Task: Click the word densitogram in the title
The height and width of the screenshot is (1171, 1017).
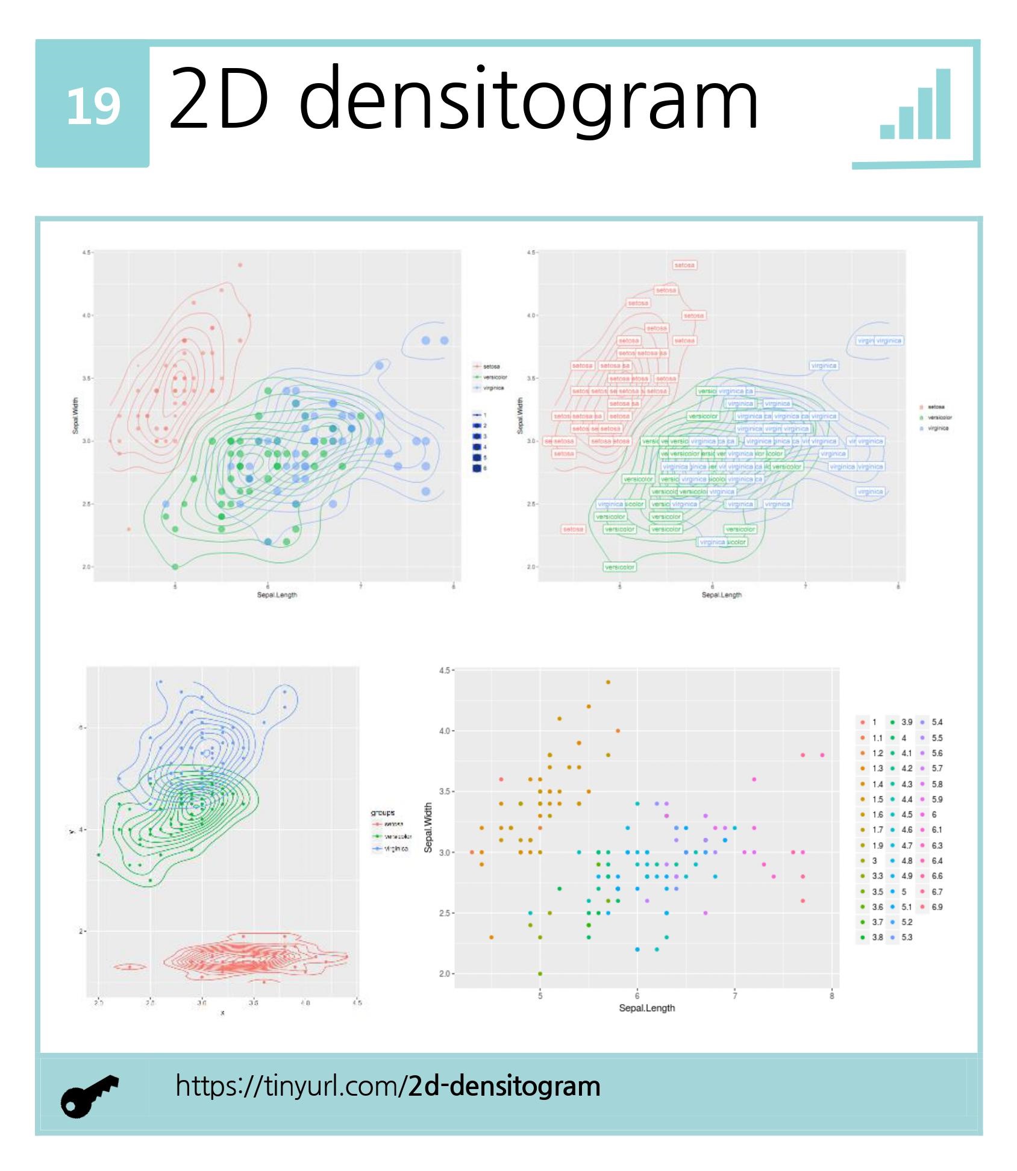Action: (x=528, y=99)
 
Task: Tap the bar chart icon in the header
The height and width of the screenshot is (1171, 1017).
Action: (x=915, y=105)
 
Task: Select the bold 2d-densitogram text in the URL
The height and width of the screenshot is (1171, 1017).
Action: (x=504, y=1086)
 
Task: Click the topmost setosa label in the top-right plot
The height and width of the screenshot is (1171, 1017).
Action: (x=684, y=265)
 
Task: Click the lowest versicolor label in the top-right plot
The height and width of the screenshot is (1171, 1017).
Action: (x=619, y=567)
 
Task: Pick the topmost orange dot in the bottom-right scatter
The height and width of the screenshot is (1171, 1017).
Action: (x=608, y=682)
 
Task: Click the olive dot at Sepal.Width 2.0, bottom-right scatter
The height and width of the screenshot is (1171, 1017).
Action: (x=540, y=973)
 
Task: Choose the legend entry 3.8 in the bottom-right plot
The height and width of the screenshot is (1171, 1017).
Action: (x=877, y=937)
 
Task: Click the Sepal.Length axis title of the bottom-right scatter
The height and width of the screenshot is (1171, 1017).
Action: (x=646, y=1008)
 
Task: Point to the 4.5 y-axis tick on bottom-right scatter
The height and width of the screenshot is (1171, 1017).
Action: (x=445, y=670)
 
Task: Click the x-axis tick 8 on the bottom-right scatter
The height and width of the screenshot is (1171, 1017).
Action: (x=831, y=996)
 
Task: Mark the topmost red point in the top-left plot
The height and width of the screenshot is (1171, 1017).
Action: (x=240, y=264)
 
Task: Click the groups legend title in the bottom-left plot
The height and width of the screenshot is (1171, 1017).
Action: (x=383, y=812)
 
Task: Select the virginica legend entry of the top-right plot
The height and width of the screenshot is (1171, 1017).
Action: (x=937, y=428)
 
